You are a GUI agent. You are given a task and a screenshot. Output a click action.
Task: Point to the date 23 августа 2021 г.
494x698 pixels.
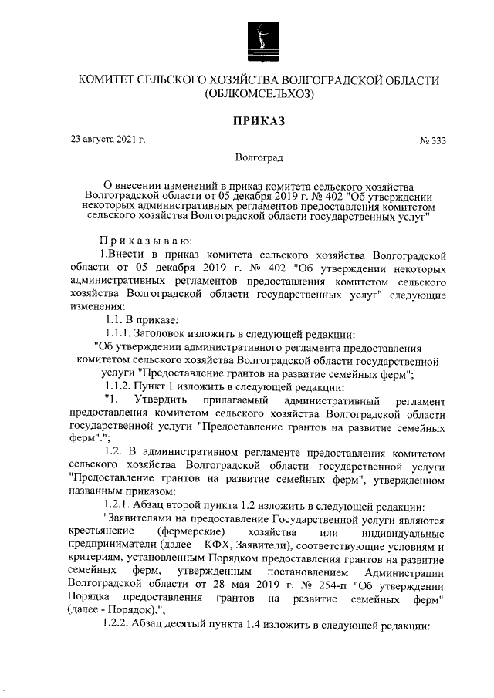point(108,140)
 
